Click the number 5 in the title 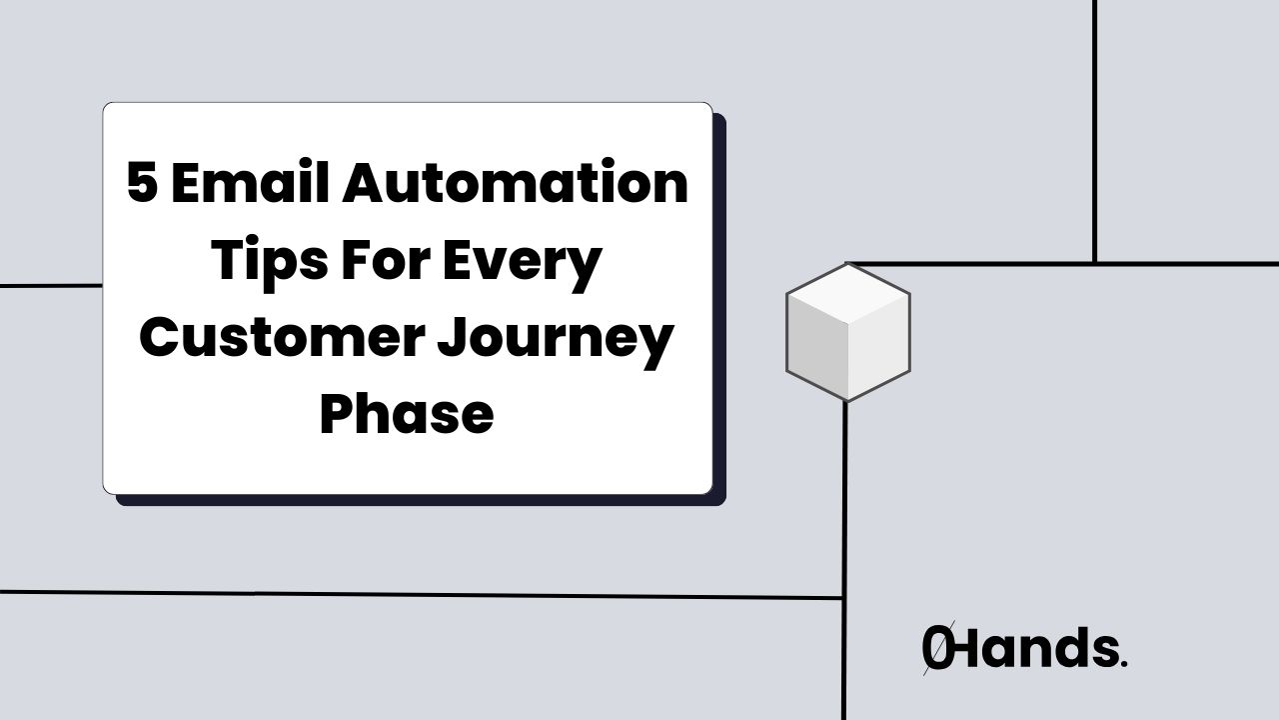pyautogui.click(x=143, y=185)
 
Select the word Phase pyautogui.click(x=407, y=413)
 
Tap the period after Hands pyautogui.click(x=1123, y=663)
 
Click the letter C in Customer pyautogui.click(x=161, y=338)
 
